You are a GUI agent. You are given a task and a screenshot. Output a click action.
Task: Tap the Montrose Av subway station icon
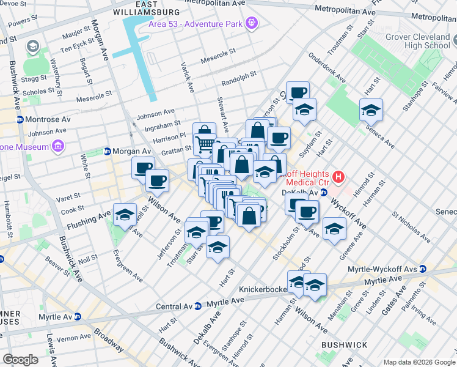coord(20,120)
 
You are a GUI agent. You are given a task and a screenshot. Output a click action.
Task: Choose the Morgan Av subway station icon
coord(108,151)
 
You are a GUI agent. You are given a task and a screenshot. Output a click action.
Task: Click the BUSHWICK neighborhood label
coord(343,345)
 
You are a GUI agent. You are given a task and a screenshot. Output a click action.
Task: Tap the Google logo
coord(21,359)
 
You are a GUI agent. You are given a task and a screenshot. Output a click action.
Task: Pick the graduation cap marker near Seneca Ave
coord(370,111)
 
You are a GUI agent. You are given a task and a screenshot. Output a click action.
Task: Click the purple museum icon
coord(58,146)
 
